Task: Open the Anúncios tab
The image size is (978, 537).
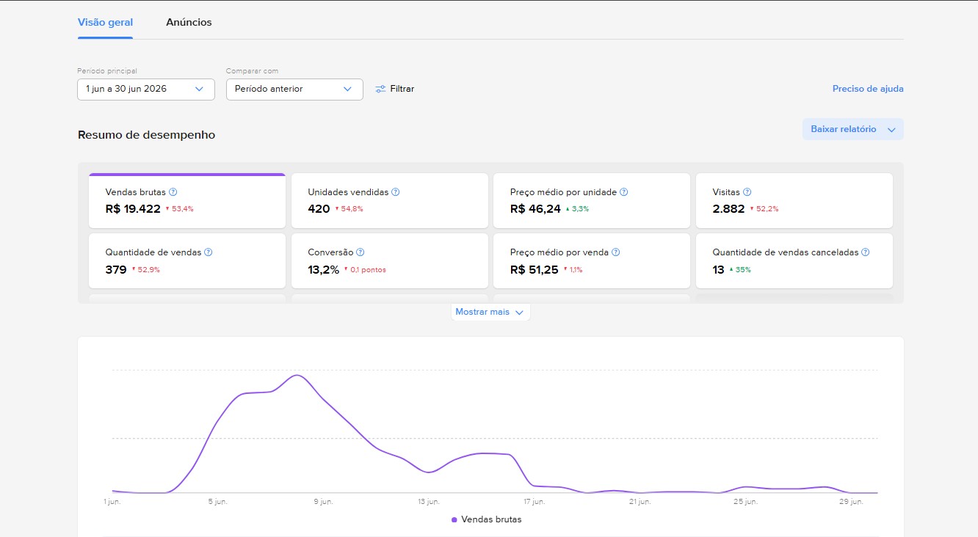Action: point(189,22)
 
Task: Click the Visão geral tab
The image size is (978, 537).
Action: point(105,22)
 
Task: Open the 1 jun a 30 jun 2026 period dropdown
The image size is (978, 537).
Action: point(146,89)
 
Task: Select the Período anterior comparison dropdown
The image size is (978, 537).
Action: point(294,89)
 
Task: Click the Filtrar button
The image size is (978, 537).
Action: point(395,89)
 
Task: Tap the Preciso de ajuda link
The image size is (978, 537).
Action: point(868,89)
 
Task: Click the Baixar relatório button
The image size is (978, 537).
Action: point(852,129)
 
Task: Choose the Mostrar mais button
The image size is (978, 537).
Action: point(490,312)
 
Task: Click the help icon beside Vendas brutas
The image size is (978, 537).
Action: point(173,192)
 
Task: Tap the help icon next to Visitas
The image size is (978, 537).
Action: point(747,192)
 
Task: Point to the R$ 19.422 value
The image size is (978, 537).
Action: point(133,209)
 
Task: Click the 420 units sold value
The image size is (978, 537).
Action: point(319,209)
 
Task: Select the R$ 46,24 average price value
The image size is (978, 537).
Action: point(535,209)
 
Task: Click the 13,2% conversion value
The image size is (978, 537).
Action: point(324,270)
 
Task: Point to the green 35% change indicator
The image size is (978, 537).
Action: point(740,269)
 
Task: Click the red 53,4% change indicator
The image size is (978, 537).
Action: point(179,209)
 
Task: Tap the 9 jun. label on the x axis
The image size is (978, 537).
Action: point(323,502)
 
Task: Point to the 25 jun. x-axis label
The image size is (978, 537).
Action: point(745,502)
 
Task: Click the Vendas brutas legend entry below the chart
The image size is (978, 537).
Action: point(486,519)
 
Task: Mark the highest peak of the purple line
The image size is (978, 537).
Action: point(297,375)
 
